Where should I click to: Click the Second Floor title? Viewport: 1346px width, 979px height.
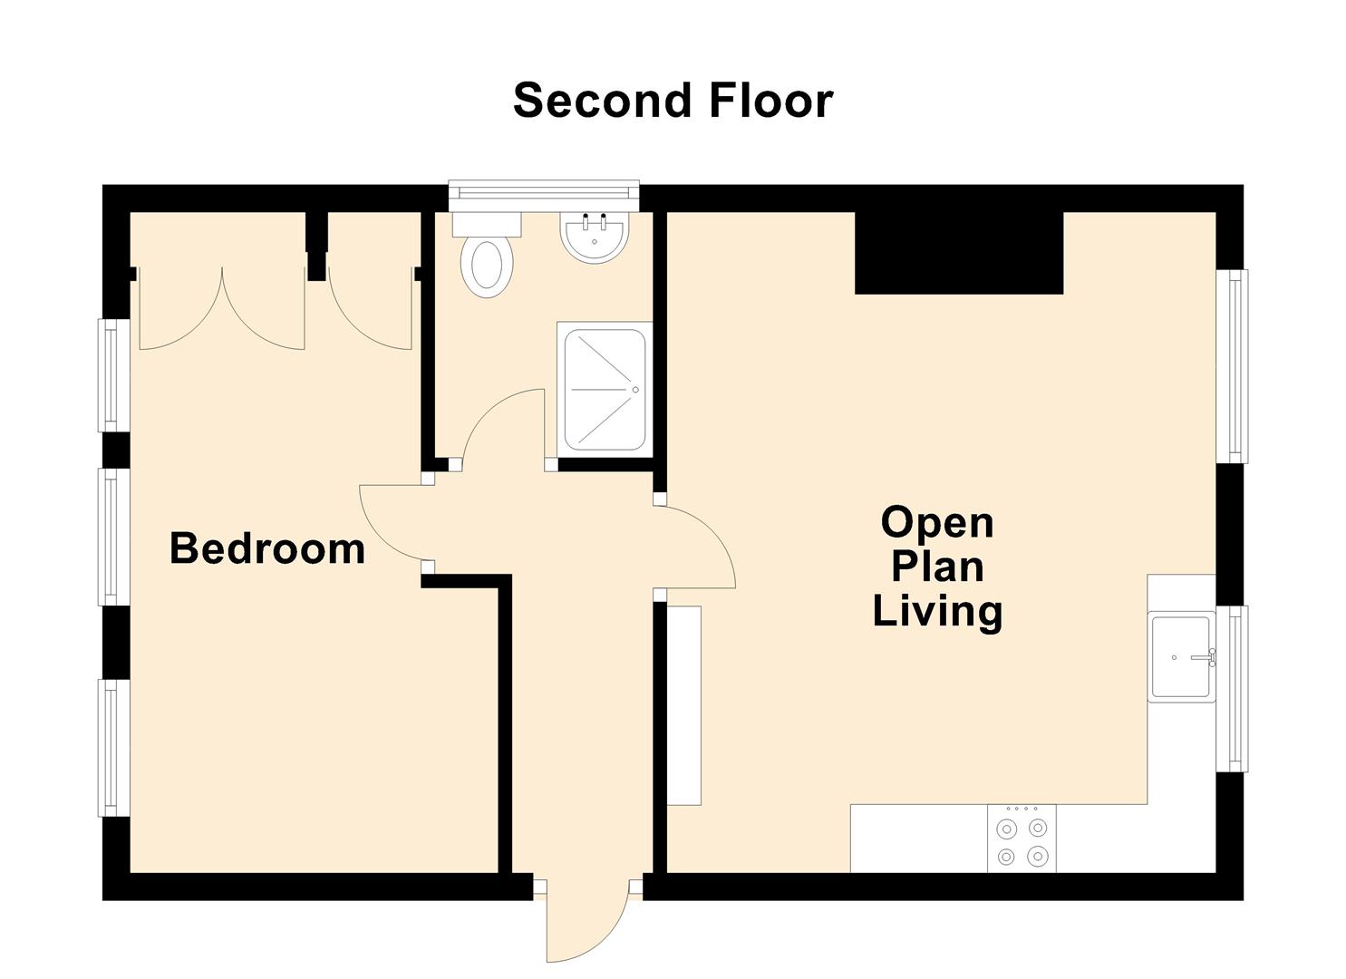pyautogui.click(x=673, y=101)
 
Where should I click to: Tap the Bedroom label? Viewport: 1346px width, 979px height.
pyautogui.click(x=267, y=548)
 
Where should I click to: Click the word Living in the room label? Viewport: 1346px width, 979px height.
pyautogui.click(x=937, y=612)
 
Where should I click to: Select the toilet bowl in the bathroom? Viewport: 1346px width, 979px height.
pyautogui.click(x=487, y=265)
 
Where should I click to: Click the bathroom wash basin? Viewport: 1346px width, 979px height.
pyautogui.click(x=595, y=237)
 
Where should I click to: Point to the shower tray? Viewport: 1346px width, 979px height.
pyautogui.click(x=605, y=390)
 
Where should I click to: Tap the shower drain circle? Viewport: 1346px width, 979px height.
pyautogui.click(x=635, y=390)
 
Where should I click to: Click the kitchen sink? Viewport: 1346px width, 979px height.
pyautogui.click(x=1181, y=657)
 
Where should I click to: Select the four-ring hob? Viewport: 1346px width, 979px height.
pyautogui.click(x=1022, y=838)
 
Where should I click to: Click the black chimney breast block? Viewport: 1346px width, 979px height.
pyautogui.click(x=959, y=252)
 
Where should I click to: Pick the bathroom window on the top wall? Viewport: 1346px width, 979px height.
pyautogui.click(x=544, y=195)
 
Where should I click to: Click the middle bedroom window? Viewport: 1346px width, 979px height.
pyautogui.click(x=113, y=537)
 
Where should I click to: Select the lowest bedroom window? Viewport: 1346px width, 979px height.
pyautogui.click(x=113, y=748)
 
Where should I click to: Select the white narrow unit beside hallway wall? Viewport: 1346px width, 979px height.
pyautogui.click(x=684, y=705)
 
